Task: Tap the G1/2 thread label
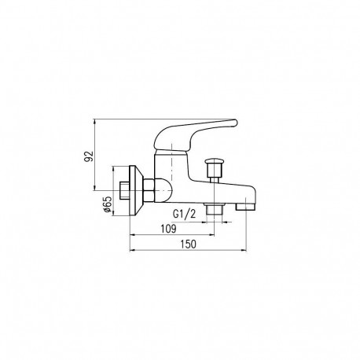pyautogui.click(x=182, y=213)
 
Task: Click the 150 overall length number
pyautogui.click(x=187, y=244)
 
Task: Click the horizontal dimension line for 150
pyautogui.click(x=189, y=252)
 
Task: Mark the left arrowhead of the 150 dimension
pyautogui.click(x=131, y=252)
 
